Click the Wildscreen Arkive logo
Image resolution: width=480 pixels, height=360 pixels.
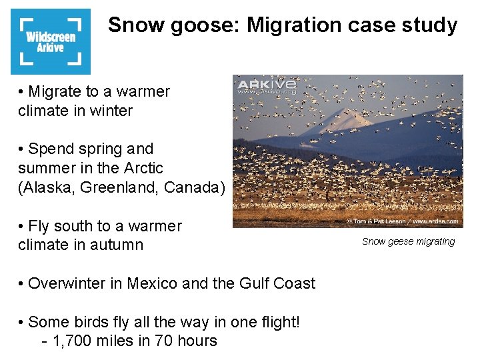pos(51,41)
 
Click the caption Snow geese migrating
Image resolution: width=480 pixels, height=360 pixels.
pos(408,241)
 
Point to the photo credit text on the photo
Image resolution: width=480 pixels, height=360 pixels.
pos(403,221)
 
